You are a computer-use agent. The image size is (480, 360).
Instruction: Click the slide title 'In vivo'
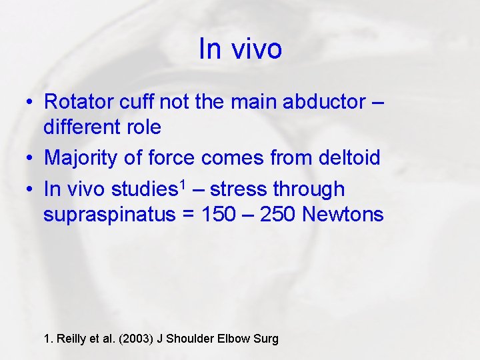tap(240, 49)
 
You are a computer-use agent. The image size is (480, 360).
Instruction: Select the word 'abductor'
tap(325, 102)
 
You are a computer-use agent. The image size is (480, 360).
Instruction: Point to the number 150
tap(220, 214)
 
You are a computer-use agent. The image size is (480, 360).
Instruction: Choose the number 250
tap(275, 214)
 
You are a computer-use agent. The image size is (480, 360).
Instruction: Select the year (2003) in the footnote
tap(133, 339)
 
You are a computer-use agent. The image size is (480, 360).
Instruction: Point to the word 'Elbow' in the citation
tap(234, 339)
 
